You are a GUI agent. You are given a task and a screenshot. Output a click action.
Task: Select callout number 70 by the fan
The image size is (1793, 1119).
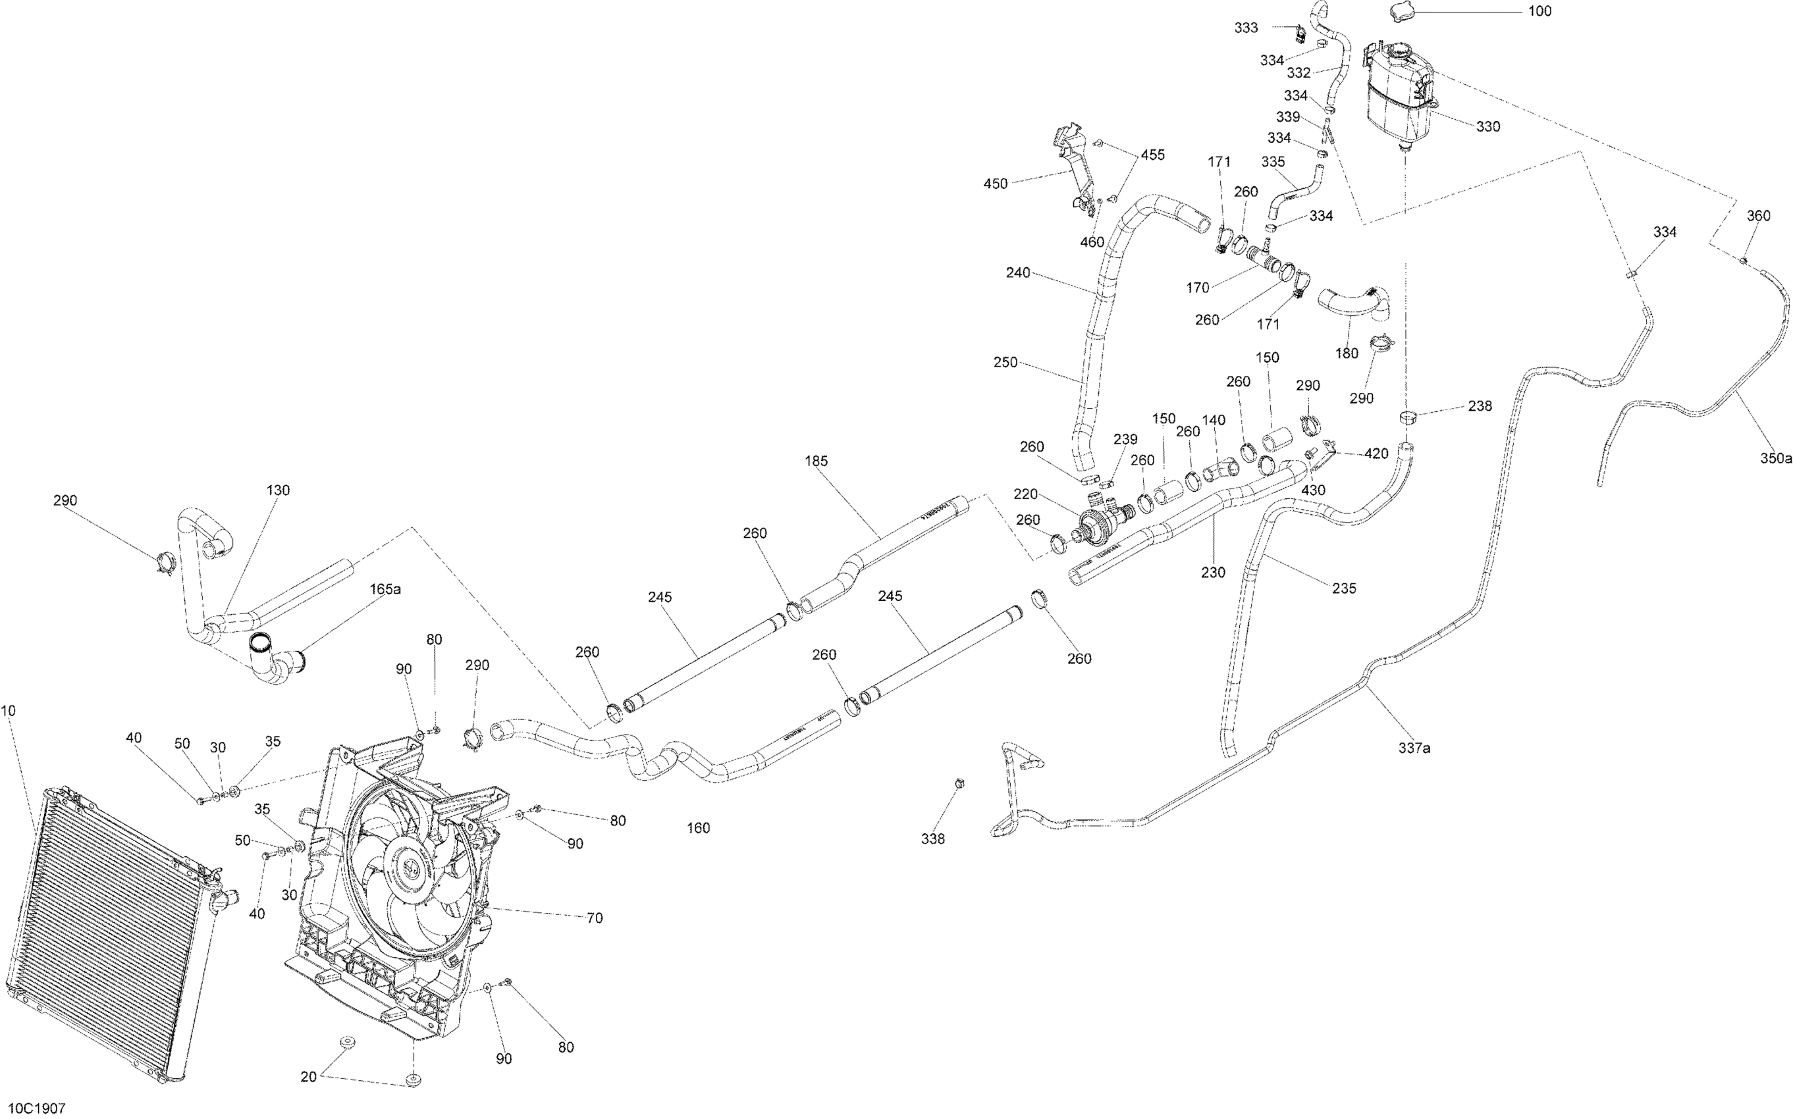[x=594, y=918]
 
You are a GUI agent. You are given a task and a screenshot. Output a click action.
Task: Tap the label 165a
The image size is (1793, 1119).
[x=385, y=589]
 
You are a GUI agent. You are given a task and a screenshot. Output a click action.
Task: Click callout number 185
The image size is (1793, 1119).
[x=816, y=461]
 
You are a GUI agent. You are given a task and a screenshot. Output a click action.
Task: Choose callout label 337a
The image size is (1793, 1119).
[x=1414, y=748]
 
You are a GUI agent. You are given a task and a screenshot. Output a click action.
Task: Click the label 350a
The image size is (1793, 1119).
[x=1776, y=459]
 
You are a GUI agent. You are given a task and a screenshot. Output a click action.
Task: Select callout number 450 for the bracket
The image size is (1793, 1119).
[x=995, y=184]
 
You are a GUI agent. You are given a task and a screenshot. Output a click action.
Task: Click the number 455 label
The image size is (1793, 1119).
[x=1152, y=155]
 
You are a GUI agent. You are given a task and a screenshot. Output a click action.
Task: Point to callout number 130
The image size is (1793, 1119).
[x=278, y=490]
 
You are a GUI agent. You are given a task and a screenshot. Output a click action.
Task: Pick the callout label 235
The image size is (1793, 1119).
[x=1344, y=588]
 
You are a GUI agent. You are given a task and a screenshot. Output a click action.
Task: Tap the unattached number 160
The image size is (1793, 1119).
[x=698, y=828]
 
